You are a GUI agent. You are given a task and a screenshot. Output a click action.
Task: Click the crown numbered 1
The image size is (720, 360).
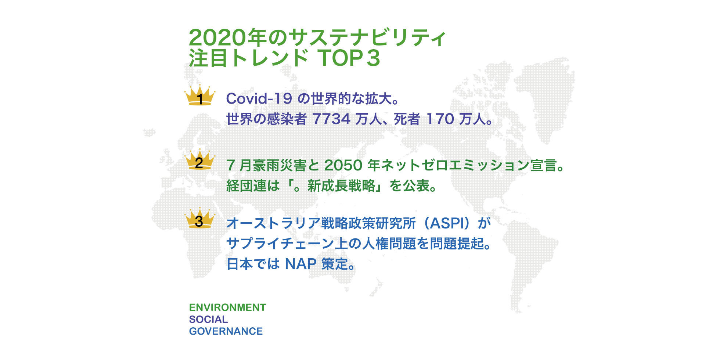200,96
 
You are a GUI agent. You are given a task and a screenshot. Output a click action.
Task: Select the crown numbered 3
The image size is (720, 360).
200,218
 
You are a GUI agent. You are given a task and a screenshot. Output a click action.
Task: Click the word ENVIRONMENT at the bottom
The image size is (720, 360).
227,307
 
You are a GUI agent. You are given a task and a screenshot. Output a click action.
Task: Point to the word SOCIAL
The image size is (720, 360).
208,319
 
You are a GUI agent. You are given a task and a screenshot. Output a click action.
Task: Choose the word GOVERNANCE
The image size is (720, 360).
226,331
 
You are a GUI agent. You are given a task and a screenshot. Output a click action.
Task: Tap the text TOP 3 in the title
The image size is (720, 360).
349,58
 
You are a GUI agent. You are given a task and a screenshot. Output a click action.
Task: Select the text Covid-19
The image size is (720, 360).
259,98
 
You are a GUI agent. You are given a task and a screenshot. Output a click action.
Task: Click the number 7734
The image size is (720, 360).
331,119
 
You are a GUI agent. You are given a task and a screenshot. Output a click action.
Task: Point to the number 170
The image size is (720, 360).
440,119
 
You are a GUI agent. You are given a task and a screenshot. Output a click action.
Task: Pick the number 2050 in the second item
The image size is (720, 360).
343,165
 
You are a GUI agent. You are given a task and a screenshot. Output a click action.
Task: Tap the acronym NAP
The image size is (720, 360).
301,264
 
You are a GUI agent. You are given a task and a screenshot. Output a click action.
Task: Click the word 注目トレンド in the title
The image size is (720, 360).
248,58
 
